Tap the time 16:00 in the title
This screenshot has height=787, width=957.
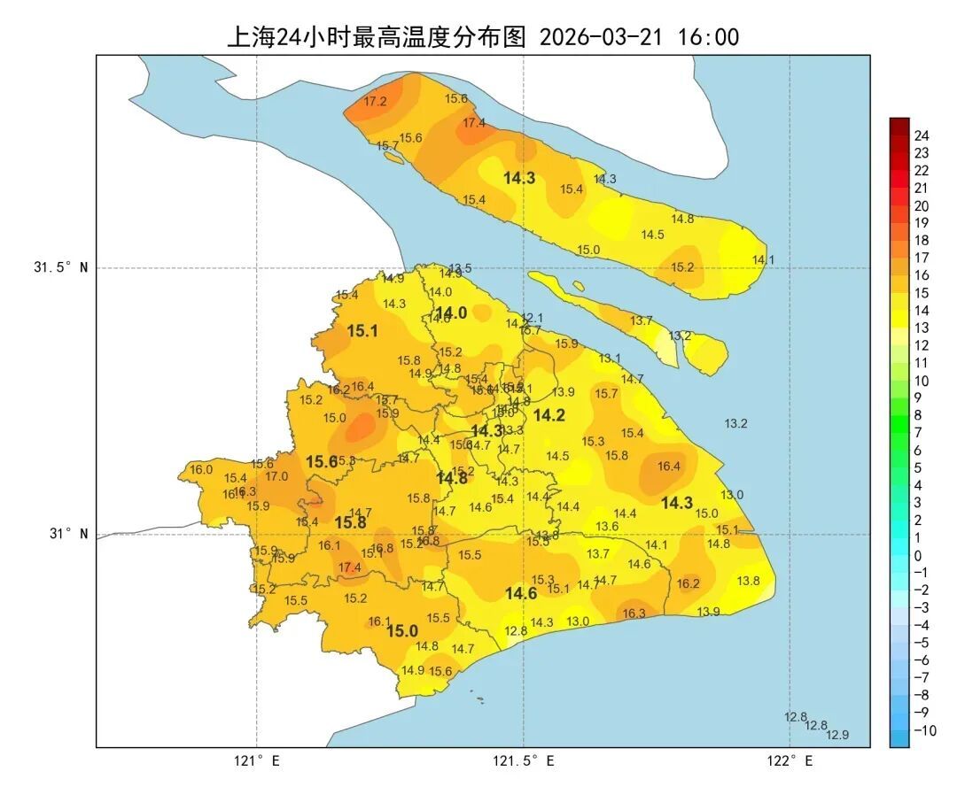click(708, 37)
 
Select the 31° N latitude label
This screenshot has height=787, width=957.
click(67, 534)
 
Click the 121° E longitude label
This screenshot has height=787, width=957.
click(257, 760)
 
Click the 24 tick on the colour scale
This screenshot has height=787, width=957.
click(921, 136)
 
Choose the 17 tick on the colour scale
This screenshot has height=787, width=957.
click(921, 258)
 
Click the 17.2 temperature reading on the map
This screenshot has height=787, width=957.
click(375, 102)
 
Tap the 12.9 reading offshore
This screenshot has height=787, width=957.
click(837, 735)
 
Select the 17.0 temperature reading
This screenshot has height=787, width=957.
click(276, 476)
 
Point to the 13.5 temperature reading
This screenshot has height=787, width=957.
click(460, 268)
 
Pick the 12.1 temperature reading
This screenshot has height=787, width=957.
click(532, 318)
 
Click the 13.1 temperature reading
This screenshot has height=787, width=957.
click(610, 359)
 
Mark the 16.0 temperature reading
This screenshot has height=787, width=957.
click(201, 469)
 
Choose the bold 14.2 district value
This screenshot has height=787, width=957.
click(549, 415)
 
